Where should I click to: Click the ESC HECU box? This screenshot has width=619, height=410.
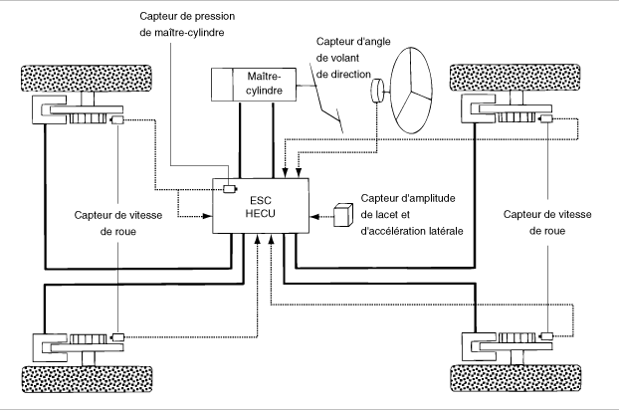click(261, 206)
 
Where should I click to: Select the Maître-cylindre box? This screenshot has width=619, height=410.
click(254, 84)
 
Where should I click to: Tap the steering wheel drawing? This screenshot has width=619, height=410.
click(411, 91)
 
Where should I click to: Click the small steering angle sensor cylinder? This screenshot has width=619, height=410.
click(377, 91)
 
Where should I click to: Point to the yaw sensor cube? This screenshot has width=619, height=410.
click(343, 215)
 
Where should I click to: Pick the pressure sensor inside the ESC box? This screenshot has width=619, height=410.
click(230, 189)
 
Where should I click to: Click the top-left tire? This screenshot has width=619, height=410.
click(87, 79)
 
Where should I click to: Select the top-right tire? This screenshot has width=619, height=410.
click(516, 78)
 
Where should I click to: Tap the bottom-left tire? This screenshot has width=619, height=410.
click(87, 379)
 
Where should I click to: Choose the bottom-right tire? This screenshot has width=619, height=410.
click(516, 378)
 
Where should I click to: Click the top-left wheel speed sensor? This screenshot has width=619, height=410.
click(117, 120)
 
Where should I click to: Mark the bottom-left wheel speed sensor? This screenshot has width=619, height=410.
click(118, 337)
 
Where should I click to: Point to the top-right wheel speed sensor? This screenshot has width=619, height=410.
click(546, 118)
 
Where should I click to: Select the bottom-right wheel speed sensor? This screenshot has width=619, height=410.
click(547, 336)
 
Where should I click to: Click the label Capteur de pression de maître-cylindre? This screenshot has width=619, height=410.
click(187, 24)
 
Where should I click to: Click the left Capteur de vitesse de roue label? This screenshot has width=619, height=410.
click(118, 223)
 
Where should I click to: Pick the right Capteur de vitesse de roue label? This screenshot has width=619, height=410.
click(547, 222)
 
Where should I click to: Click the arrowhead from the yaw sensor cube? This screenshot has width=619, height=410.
click(314, 216)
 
